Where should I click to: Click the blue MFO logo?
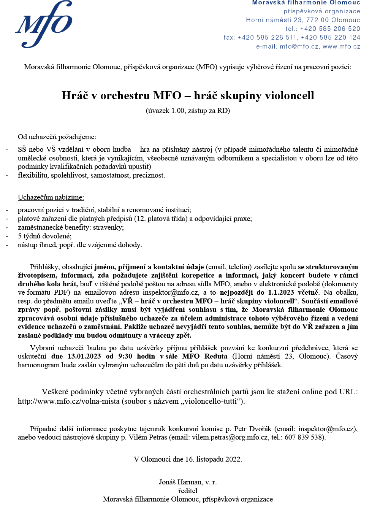pyautogui.click(x=44, y=24)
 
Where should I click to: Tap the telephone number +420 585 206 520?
pyautogui.click(x=330, y=29)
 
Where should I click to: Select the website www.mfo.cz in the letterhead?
pyautogui.click(x=341, y=46)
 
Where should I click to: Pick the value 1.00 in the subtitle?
pyautogui.click(x=177, y=111)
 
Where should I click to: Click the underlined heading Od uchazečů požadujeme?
pyautogui.click(x=57, y=137)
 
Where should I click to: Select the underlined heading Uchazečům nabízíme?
pyautogui.click(x=51, y=197)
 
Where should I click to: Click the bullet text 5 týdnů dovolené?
pyautogui.click(x=44, y=236)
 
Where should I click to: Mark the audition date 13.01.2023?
pyautogui.click(x=84, y=356)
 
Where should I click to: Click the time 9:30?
pyautogui.click(x=125, y=356)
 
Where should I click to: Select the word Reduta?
pyautogui.click(x=215, y=356)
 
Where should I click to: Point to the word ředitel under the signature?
pyautogui.click(x=188, y=491)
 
